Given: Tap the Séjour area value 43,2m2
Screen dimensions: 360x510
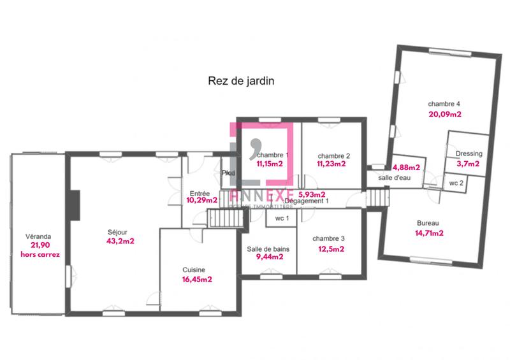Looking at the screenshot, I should (120, 240).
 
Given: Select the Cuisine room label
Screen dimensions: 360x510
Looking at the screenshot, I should (193, 270).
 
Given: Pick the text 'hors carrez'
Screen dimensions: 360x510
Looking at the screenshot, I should (40, 254).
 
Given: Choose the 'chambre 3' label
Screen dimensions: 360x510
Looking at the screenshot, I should (329, 239).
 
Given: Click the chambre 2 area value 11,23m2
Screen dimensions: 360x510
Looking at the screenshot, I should (331, 164).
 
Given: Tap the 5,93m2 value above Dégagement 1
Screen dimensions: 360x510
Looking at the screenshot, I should (312, 194).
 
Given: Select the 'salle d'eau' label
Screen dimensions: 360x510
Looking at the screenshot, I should (394, 178).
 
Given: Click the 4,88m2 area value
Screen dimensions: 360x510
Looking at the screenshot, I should (406, 168).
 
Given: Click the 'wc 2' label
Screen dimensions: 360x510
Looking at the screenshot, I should (456, 183).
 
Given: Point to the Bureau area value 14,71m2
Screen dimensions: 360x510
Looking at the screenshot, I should (428, 233).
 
